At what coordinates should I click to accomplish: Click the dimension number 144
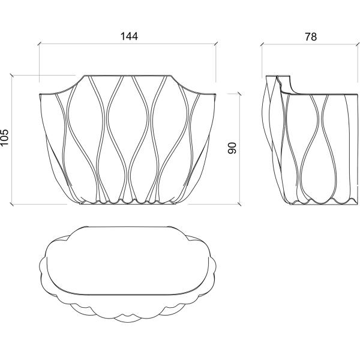pos(129,36)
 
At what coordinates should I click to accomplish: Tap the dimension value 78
pos(311,37)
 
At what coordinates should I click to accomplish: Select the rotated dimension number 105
pos(4,137)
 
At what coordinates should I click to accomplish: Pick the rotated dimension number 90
pos(232,148)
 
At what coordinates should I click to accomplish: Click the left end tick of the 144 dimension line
pos(40,44)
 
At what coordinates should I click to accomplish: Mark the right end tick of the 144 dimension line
pos(215,44)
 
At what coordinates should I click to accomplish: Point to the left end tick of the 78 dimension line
pos(262,44)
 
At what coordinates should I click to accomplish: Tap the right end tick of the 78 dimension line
pos(358,44)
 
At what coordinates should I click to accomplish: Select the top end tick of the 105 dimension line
pos(12,76)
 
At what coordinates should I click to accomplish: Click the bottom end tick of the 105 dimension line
pos(12,204)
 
